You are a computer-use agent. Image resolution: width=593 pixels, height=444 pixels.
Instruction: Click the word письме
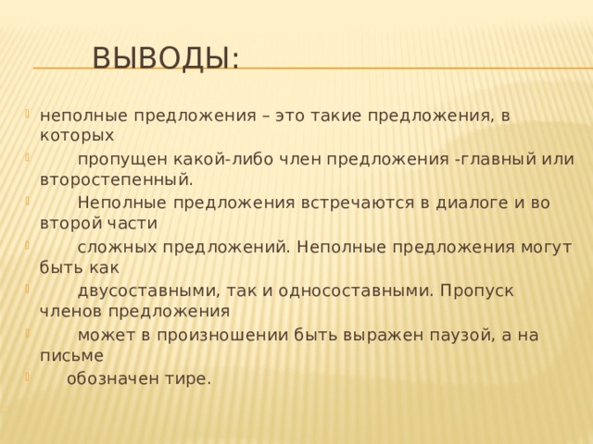(x=72, y=354)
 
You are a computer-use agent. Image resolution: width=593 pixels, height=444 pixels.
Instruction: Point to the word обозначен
(x=109, y=377)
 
